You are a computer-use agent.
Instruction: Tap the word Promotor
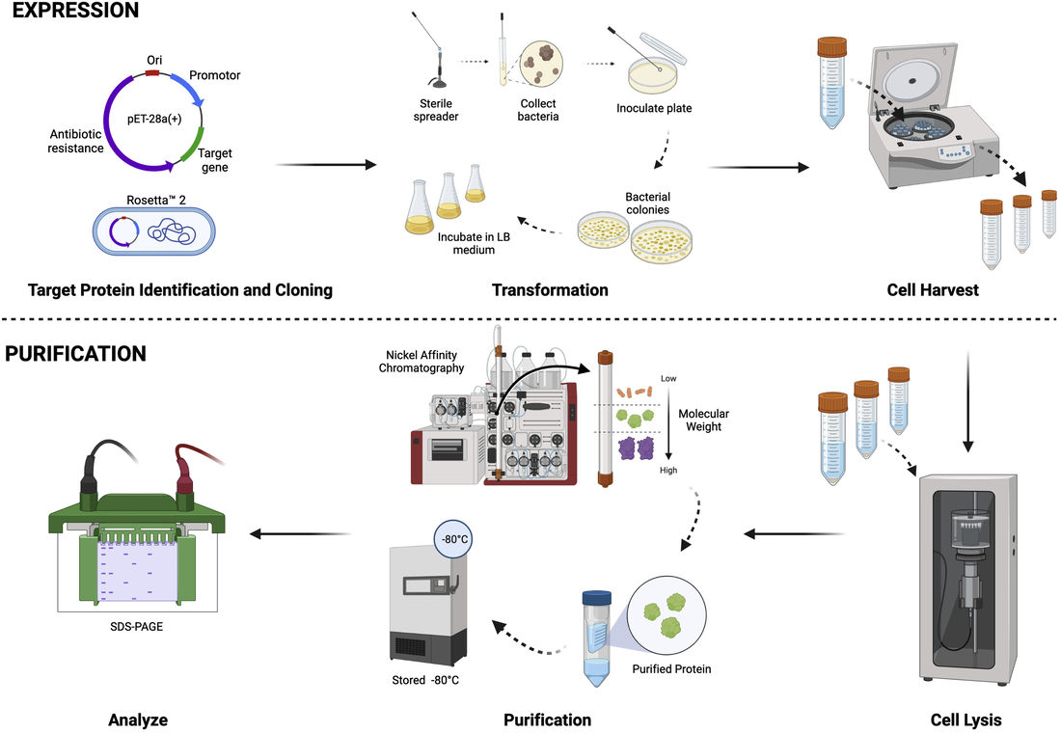pos(214,75)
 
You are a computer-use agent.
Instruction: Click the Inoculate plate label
pos(654,108)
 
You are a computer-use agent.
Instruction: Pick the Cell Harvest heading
pos(931,289)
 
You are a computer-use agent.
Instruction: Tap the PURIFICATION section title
pos(75,354)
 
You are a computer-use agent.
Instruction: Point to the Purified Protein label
pos(671,668)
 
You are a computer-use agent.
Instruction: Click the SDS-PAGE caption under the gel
pos(139,628)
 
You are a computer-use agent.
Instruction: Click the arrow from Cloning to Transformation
pos(325,165)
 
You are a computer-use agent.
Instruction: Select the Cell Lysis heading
pos(966,719)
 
